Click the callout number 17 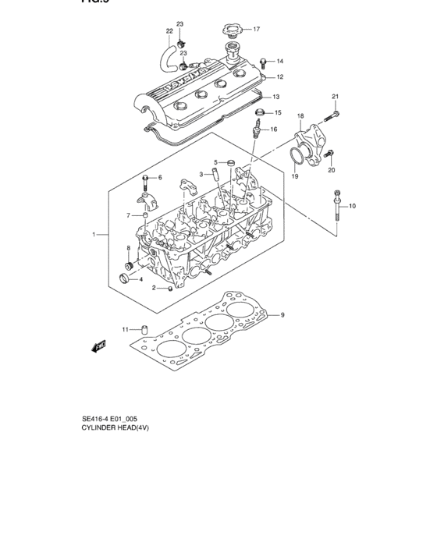coord(255,29)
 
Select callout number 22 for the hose coord(169,32)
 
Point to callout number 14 coord(279,61)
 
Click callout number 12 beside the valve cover coord(279,77)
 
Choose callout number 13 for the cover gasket coord(275,97)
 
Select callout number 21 coord(336,97)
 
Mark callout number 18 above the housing coord(300,115)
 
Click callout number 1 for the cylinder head coord(94,234)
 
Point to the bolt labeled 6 coord(146,184)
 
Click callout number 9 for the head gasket coord(283,315)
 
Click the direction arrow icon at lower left coord(97,346)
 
